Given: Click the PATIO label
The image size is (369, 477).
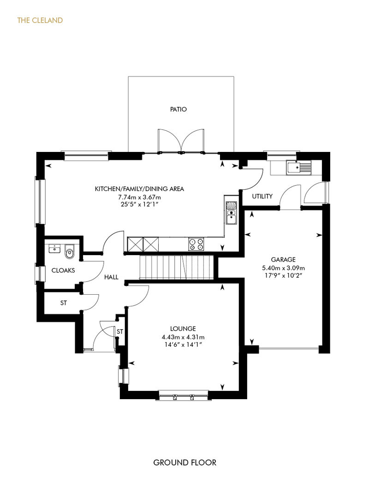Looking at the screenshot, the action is click(178, 109).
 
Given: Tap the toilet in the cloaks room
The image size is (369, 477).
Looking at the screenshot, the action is click(70, 251).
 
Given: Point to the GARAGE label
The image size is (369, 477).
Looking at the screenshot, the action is click(283, 260).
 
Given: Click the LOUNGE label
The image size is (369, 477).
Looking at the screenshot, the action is click(183, 329).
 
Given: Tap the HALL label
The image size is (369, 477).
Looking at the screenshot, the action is click(111, 277).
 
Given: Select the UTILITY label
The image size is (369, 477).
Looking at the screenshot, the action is click(262, 196).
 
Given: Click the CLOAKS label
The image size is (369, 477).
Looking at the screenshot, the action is click(63, 270).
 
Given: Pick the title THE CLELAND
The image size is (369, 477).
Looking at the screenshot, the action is click(40, 20).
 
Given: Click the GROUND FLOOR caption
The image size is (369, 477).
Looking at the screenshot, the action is click(184, 462).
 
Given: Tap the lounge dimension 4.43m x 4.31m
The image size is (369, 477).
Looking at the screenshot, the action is click(183, 337).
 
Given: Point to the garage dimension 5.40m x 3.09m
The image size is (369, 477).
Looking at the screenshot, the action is click(283, 268).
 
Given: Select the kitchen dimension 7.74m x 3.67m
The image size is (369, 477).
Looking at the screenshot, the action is click(139, 197).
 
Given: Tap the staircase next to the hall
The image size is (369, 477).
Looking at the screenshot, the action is click(176, 267).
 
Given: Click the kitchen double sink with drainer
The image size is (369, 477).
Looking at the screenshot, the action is click(232, 213).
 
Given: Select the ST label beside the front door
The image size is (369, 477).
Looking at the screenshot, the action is click(120, 332).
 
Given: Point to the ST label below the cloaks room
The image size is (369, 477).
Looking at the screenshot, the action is click(63, 303).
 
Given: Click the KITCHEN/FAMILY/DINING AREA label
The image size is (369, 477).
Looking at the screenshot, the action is click(139, 189).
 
